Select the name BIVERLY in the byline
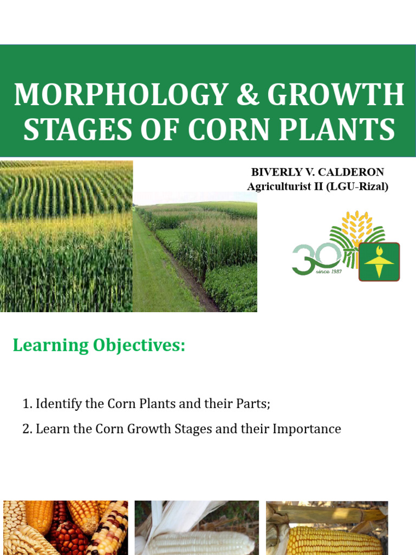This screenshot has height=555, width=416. [273, 172]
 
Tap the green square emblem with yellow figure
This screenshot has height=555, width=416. [379, 262]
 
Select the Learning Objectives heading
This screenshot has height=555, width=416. [99, 345]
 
